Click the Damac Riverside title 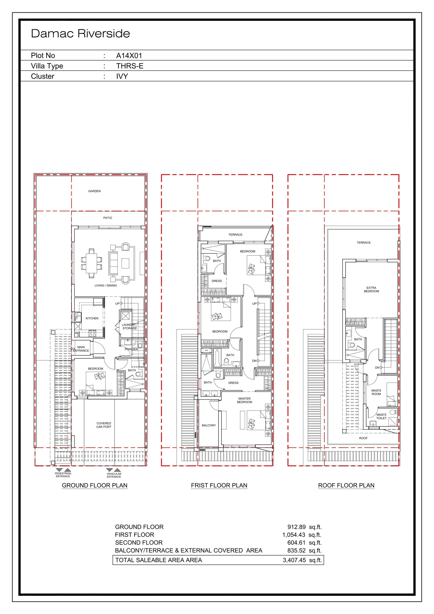(81, 34)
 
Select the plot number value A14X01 (129, 56)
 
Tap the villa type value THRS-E (130, 66)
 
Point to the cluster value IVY (122, 77)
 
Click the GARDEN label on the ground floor (94, 191)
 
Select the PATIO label (108, 218)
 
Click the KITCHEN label (92, 319)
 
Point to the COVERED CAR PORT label (104, 425)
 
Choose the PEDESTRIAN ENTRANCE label (63, 475)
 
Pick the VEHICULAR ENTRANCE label (114, 475)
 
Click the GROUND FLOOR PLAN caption (95, 486)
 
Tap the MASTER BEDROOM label (244, 400)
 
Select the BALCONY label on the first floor (209, 425)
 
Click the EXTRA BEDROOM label (371, 290)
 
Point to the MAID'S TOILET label (381, 416)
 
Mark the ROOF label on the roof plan (364, 438)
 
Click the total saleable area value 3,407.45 (294, 560)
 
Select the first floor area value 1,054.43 (294, 535)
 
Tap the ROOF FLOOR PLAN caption (346, 486)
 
